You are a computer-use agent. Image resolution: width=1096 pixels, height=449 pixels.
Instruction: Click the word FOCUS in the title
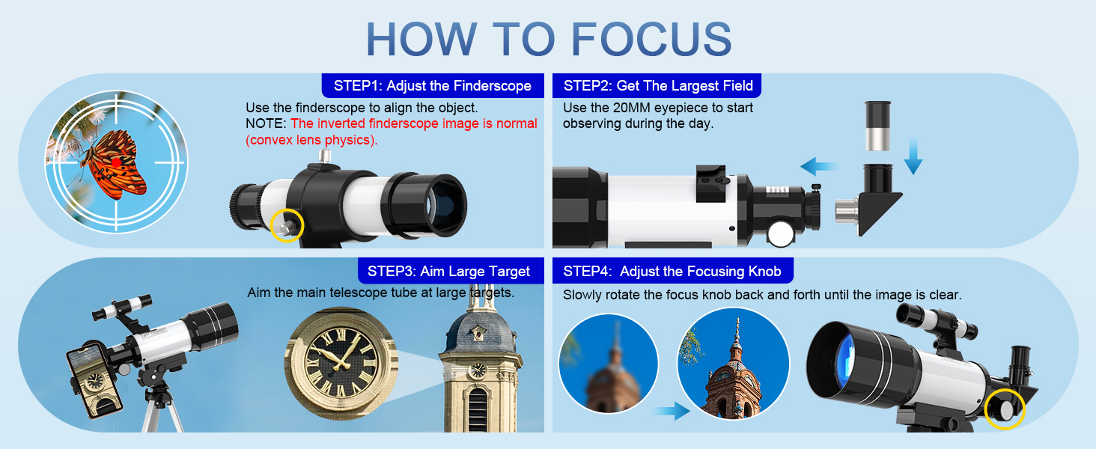coord(651,39)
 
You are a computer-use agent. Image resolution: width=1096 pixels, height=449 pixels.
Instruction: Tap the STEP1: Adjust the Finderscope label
coord(433,85)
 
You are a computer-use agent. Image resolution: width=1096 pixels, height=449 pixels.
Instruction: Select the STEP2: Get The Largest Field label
coord(657,85)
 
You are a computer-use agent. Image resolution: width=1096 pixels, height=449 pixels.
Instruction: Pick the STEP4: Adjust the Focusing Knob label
coord(672,271)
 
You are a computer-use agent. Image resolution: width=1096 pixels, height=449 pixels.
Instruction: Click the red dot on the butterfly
coord(116,162)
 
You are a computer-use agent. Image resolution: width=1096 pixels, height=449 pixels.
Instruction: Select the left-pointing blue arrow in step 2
coord(823,166)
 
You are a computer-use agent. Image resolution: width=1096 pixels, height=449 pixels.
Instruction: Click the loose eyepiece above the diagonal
coord(878,126)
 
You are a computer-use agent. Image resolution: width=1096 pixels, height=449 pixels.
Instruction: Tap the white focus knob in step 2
coord(781,233)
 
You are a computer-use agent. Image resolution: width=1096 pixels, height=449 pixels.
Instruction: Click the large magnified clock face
coord(341,363)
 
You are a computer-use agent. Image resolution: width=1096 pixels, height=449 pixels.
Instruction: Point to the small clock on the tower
coord(478,370)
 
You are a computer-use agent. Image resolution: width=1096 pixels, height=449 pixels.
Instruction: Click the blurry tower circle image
coord(609,364)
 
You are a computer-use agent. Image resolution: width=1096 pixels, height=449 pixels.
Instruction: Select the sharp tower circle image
coord(733,364)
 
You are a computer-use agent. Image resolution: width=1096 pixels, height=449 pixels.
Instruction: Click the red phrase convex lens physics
coord(311,140)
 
